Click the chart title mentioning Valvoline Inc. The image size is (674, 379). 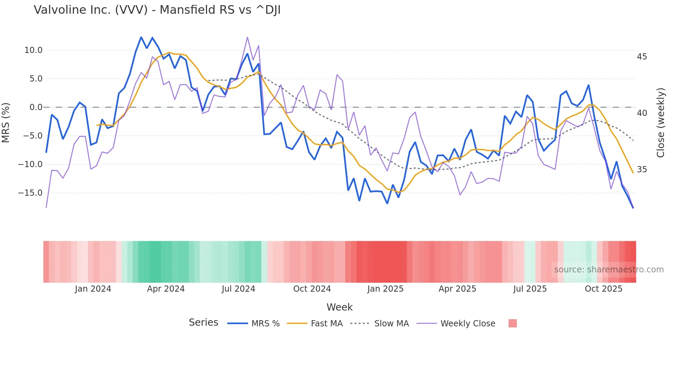pyautogui.click(x=157, y=10)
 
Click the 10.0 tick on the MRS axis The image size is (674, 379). pyautogui.click(x=33, y=50)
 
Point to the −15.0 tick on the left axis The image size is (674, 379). pyautogui.click(x=30, y=193)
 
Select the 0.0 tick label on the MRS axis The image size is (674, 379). pyautogui.click(x=36, y=107)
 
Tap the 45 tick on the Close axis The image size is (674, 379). pyautogui.click(x=642, y=57)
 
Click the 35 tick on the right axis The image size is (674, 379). pyautogui.click(x=642, y=170)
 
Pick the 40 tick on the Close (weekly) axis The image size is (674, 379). pyautogui.click(x=642, y=113)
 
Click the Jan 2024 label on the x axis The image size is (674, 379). pyautogui.click(x=93, y=289)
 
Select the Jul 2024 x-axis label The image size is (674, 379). pyautogui.click(x=238, y=289)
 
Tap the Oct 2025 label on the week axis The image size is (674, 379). pyautogui.click(x=604, y=289)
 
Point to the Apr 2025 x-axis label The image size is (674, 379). pyautogui.click(x=457, y=289)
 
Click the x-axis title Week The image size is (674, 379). pyautogui.click(x=339, y=307)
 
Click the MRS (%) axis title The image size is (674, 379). pyautogui.click(x=6, y=122)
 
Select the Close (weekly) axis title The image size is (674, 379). pyautogui.click(x=661, y=122)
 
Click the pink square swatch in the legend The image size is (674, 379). pyautogui.click(x=512, y=323)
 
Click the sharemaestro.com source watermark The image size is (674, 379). pyautogui.click(x=609, y=270)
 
